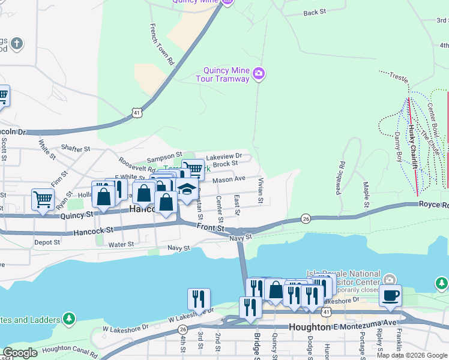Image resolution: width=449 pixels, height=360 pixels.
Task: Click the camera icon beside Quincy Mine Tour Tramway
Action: tap(259, 74)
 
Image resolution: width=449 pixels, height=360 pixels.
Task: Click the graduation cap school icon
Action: tap(187, 190)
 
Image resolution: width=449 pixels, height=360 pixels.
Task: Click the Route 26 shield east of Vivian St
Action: tap(306, 218)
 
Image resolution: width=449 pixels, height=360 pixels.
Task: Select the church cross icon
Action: tap(17, 43)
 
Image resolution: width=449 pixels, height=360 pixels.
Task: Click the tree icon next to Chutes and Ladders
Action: tap(70, 317)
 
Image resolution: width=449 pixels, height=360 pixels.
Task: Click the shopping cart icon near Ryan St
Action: tap(43, 199)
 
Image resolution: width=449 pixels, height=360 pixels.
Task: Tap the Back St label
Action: tap(315, 12)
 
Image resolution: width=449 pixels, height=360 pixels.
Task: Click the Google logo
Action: tap(20, 353)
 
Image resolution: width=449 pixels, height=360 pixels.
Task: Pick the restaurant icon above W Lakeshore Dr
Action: tap(199, 298)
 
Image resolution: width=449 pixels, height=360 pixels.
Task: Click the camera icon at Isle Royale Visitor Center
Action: tap(390, 280)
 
